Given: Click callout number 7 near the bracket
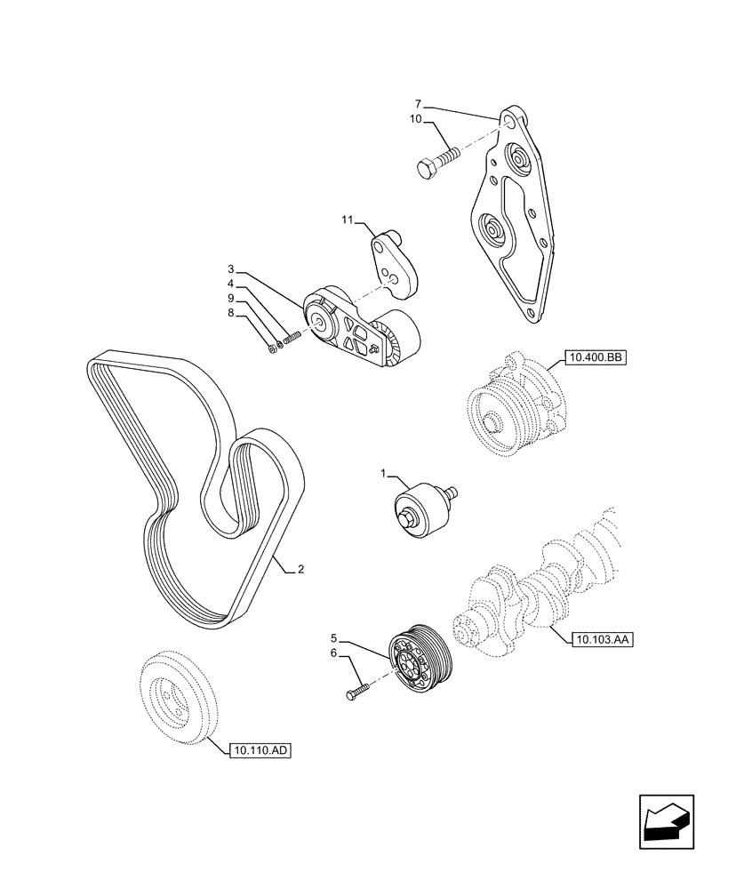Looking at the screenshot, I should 418,105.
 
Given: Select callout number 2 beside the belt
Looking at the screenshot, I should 300,569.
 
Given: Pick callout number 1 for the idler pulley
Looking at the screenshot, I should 383,476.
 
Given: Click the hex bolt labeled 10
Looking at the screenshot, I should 436,162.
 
